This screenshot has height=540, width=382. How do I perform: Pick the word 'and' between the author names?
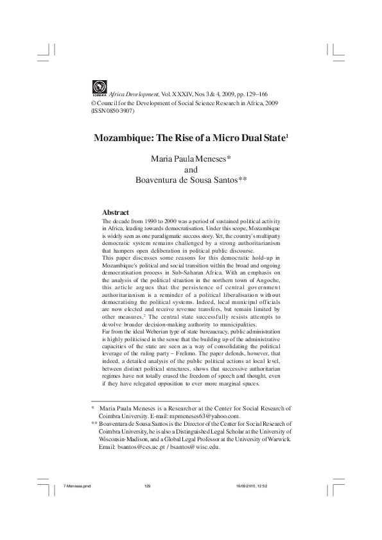[191, 169]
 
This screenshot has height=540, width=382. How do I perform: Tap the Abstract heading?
[116, 212]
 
